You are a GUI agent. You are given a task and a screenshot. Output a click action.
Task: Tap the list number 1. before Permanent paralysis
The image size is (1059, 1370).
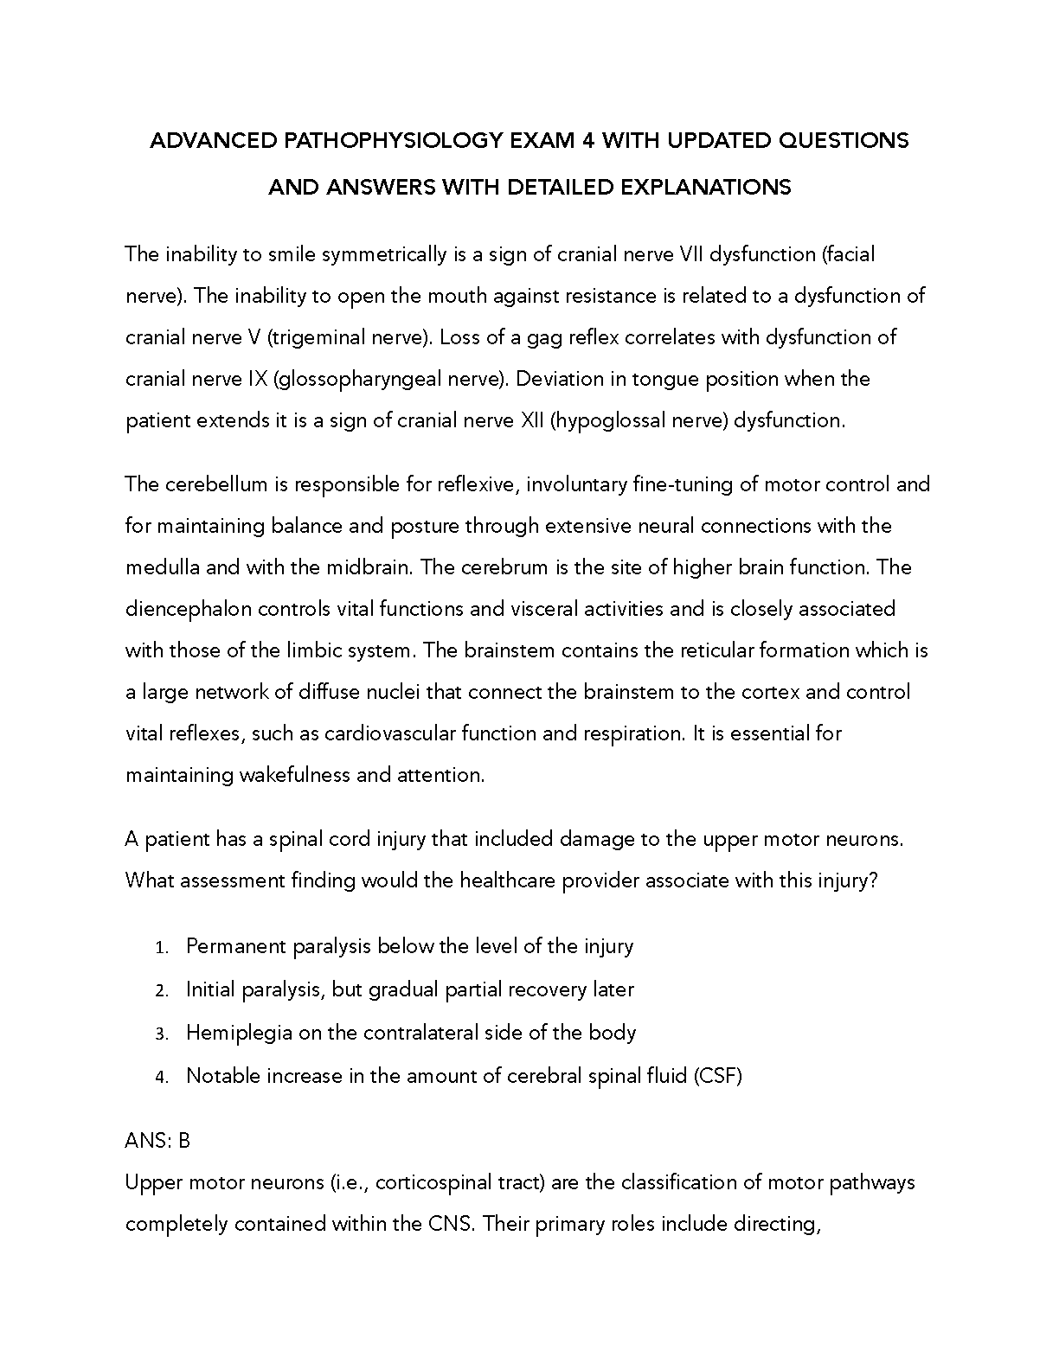point(162,948)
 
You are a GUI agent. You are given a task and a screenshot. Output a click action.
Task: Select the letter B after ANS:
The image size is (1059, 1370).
point(184,1142)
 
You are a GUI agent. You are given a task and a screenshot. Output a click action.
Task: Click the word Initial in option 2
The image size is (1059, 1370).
point(210,989)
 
